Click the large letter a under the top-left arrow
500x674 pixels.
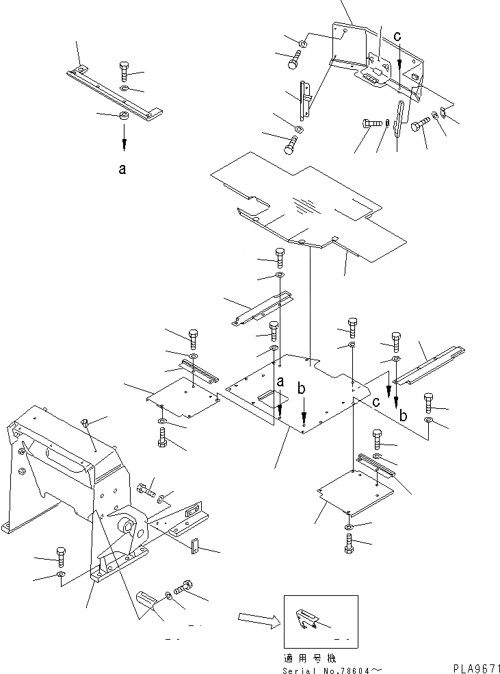click(122, 169)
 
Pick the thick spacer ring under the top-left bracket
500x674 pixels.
click(124, 116)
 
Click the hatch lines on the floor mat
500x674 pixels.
click(305, 203)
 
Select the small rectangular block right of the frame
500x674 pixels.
click(194, 546)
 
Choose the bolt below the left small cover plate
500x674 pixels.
click(162, 437)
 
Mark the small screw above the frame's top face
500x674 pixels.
click(84, 424)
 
